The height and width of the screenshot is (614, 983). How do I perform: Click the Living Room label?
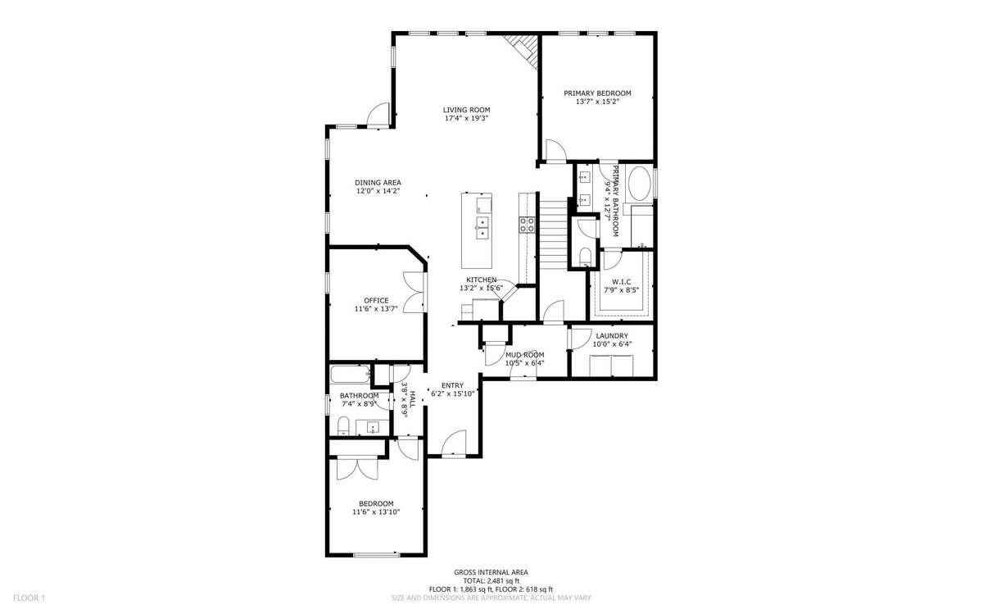(466, 110)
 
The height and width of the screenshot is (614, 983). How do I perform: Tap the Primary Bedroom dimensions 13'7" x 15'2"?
(597, 102)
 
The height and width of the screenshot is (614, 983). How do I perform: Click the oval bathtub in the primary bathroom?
(641, 184)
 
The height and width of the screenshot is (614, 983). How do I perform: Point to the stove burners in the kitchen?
(527, 225)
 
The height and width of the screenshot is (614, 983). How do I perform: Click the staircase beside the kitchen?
(554, 234)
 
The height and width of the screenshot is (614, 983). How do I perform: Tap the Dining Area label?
(378, 183)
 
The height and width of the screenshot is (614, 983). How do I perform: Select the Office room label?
(376, 300)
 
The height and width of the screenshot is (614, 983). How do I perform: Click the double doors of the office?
(414, 292)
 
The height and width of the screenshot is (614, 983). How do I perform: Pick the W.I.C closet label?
(621, 281)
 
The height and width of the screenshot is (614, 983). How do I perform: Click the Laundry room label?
(612, 336)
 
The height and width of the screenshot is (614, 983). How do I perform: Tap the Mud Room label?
(525, 355)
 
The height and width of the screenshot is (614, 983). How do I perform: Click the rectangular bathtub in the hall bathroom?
(351, 375)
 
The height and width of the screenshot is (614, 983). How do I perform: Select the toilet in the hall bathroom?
(343, 426)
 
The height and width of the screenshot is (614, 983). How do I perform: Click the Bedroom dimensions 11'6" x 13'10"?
(376, 512)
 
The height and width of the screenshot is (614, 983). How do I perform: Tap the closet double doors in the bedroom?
(357, 469)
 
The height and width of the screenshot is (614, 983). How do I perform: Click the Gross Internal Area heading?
(491, 572)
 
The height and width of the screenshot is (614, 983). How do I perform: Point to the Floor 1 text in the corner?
(29, 598)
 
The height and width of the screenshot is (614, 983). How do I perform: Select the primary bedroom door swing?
(555, 150)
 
